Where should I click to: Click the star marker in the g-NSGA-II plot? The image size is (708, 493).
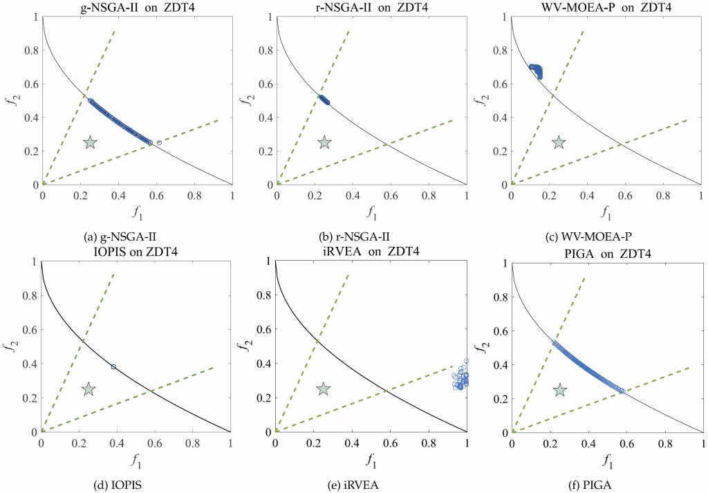tap(90, 142)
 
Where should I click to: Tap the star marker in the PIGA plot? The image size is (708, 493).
tap(560, 391)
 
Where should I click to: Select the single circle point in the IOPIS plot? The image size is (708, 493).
tap(113, 366)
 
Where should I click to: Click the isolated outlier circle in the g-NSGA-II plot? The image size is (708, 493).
tap(159, 142)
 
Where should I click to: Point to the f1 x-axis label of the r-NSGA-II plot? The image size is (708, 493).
tap(371, 208)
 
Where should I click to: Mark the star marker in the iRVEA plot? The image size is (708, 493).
tap(323, 389)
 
